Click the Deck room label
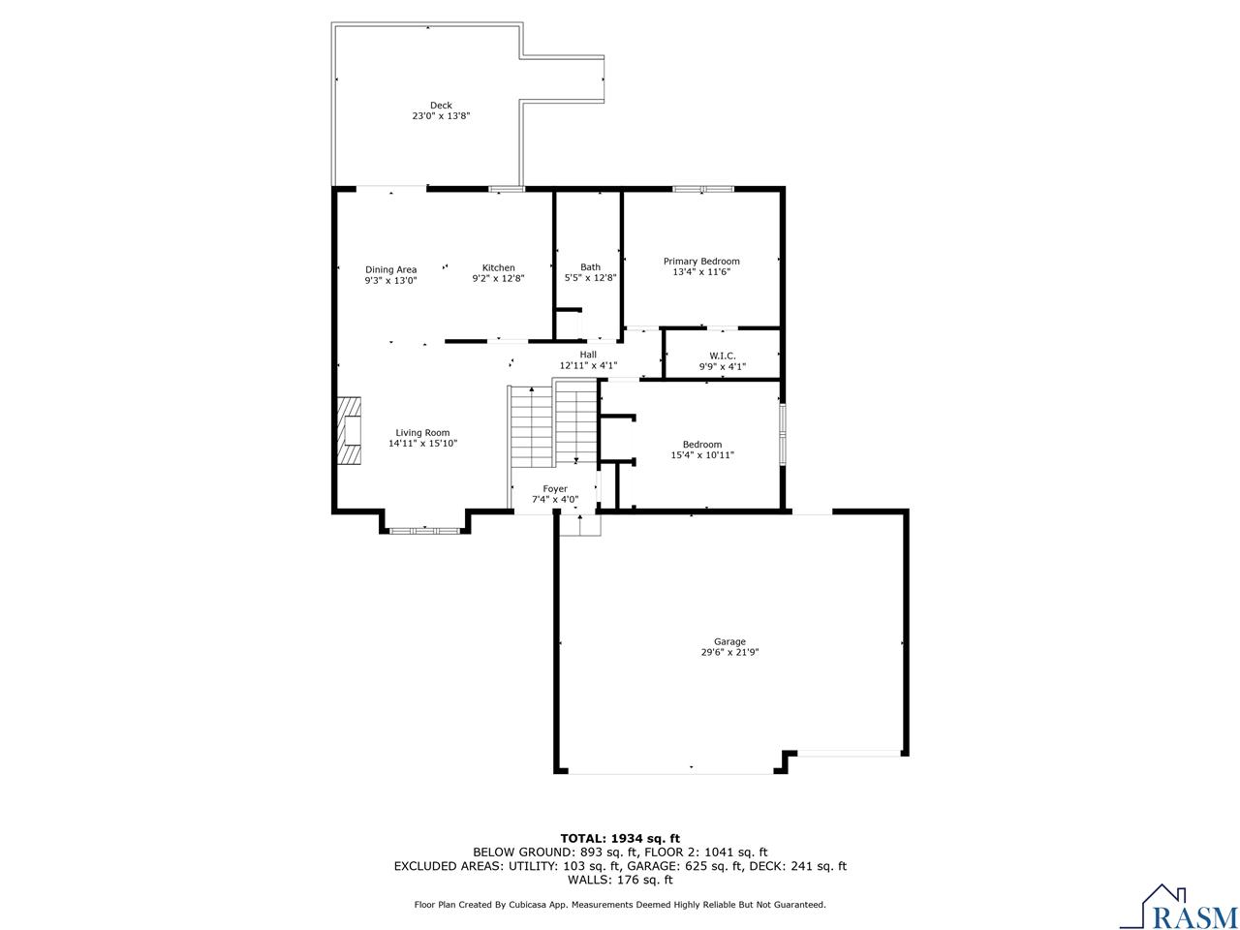[x=441, y=106]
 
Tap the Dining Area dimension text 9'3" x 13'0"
[x=390, y=281]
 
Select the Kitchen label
[x=499, y=268]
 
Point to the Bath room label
[x=590, y=267]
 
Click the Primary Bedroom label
[x=701, y=262]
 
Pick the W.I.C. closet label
[x=723, y=356]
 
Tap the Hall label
[x=588, y=355]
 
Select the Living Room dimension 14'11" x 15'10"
[x=422, y=444]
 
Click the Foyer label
[x=555, y=489]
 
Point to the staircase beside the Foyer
[x=552, y=423]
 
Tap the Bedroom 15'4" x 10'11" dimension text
[x=702, y=455]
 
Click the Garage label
[x=729, y=641]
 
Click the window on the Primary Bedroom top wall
[x=703, y=189]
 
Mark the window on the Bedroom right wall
[x=783, y=434]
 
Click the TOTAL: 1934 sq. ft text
[x=620, y=838]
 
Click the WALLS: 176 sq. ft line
[x=620, y=880]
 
